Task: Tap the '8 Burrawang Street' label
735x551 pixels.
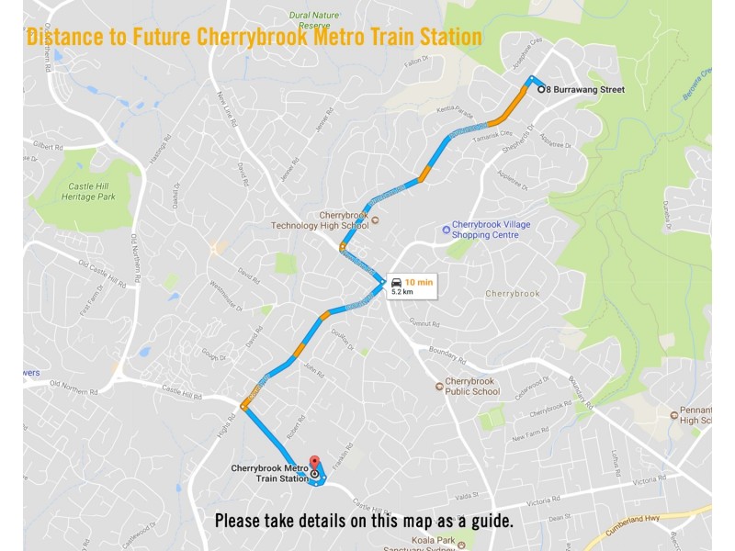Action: (x=585, y=90)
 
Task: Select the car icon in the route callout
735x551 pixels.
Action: (x=396, y=282)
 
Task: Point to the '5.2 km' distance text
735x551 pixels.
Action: (x=402, y=292)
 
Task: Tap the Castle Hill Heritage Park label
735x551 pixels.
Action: (x=91, y=191)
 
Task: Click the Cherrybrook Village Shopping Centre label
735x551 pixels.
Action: (x=492, y=230)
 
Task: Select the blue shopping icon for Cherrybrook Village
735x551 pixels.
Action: (x=446, y=229)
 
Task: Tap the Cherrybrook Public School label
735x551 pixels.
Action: (x=472, y=387)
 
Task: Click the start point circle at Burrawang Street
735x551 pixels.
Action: (x=540, y=89)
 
